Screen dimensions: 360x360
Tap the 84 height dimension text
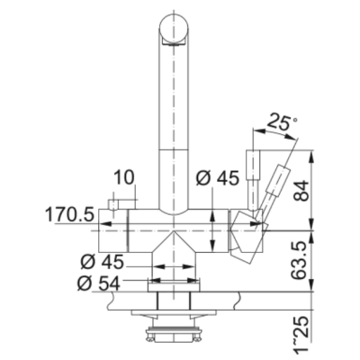tap(301, 191)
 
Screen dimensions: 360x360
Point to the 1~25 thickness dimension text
tap(301, 333)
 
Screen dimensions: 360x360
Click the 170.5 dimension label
tap(69, 215)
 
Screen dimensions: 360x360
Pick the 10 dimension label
tap(124, 178)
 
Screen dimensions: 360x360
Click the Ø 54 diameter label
tap(98, 283)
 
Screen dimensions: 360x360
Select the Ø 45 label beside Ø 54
tap(102, 262)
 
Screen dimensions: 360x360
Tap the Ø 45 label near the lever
tap(218, 178)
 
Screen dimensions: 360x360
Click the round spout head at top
tap(174, 29)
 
